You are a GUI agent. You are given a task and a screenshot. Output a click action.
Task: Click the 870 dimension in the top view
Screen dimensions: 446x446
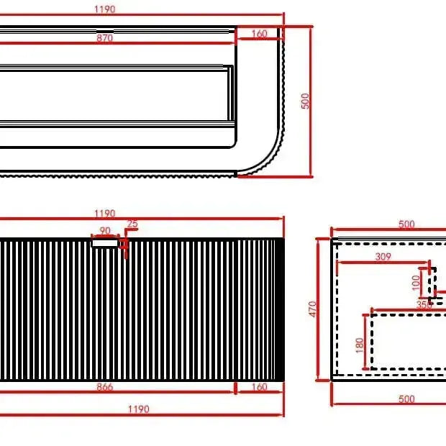pos(105,39)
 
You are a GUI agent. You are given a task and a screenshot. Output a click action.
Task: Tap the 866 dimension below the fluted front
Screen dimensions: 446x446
pos(106,387)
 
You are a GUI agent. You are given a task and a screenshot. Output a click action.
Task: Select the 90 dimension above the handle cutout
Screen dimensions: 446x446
pos(105,231)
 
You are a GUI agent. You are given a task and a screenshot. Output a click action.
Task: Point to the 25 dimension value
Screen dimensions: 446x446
pos(132,224)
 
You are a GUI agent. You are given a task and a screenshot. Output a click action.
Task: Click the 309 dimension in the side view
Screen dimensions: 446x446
pos(383,256)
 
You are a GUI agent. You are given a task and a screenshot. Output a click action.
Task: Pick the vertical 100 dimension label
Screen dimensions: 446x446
pos(417,282)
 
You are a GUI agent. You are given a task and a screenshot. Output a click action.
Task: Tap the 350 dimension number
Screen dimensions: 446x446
pos(424,305)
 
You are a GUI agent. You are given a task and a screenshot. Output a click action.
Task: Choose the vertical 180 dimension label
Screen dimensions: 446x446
pos(360,345)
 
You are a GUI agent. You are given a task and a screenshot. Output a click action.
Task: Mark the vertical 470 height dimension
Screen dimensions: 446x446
pos(312,309)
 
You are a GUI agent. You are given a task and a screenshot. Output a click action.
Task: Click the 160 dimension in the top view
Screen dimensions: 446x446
pos(260,34)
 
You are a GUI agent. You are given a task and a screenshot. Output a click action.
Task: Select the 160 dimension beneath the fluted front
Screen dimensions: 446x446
pos(259,387)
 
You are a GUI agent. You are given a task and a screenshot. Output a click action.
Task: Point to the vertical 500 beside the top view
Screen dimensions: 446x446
pos(305,101)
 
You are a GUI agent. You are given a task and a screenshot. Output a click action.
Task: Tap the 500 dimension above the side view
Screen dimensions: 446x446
pos(406,224)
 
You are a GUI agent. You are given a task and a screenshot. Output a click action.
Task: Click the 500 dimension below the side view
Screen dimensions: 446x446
pos(406,399)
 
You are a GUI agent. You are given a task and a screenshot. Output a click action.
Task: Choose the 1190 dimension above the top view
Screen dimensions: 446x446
pos(105,9)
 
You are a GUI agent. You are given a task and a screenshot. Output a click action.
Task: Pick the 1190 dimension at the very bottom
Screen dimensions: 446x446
pos(138,409)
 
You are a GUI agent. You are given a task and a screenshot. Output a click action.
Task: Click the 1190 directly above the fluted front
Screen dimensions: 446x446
pos(105,214)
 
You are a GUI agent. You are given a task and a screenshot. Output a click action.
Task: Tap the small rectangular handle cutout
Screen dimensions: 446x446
pos(104,243)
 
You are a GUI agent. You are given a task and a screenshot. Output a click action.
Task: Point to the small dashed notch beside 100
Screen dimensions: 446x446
pos(433,285)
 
